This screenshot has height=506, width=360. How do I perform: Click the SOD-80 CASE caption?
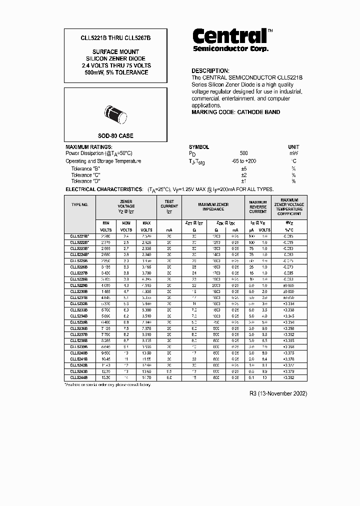pyautogui.click(x=115, y=135)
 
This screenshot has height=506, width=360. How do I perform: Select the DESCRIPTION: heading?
pyautogui.click(x=210, y=71)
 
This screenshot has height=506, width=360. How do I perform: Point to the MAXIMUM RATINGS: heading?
pyautogui.click(x=88, y=147)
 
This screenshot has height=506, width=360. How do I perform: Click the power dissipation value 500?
pyautogui.click(x=243, y=153)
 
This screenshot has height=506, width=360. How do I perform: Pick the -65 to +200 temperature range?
pyautogui.click(x=244, y=161)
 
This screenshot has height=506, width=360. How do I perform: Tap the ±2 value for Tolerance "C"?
pyautogui.click(x=244, y=175)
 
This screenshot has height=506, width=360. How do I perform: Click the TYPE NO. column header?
pyautogui.click(x=79, y=205)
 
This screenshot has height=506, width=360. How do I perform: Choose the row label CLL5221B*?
pyautogui.click(x=79, y=235)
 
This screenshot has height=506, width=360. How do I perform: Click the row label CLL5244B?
pyautogui.click(x=79, y=377)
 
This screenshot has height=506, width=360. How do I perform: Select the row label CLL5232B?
pyautogui.click(x=79, y=303)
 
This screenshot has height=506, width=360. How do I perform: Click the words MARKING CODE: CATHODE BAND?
pyautogui.click(x=236, y=112)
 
